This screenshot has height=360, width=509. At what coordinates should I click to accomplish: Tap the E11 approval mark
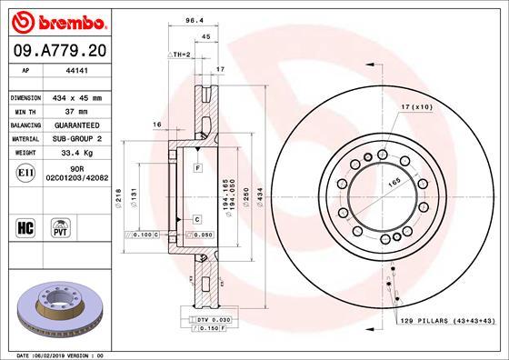26,170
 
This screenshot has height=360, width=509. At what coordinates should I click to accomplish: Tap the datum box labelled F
196,169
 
